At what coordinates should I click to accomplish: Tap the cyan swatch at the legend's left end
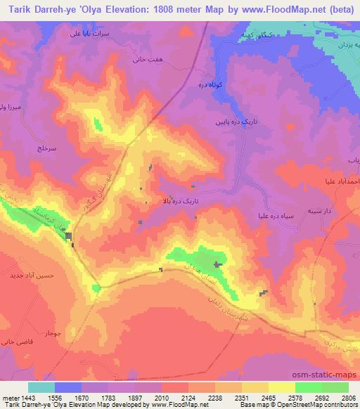[41, 387]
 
